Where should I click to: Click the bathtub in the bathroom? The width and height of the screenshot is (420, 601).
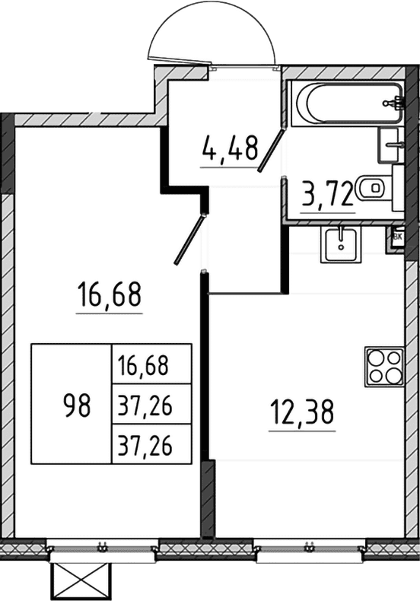(x=348, y=103)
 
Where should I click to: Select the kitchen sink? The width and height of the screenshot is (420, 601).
(x=341, y=244)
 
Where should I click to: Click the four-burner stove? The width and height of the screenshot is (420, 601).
(x=384, y=367)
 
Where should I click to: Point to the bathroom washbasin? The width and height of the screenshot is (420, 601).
(x=391, y=145)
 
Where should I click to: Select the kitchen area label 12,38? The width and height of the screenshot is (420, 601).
(x=302, y=412)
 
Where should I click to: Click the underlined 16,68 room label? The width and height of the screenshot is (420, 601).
(x=110, y=294)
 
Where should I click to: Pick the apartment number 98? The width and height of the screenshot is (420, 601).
(x=77, y=406)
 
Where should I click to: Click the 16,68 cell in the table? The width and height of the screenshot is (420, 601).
(x=143, y=365)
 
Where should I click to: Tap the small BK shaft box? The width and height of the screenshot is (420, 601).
(x=398, y=237)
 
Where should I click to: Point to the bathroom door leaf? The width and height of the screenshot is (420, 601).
(x=271, y=150)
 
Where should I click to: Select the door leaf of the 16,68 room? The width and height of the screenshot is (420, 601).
(x=189, y=239)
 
